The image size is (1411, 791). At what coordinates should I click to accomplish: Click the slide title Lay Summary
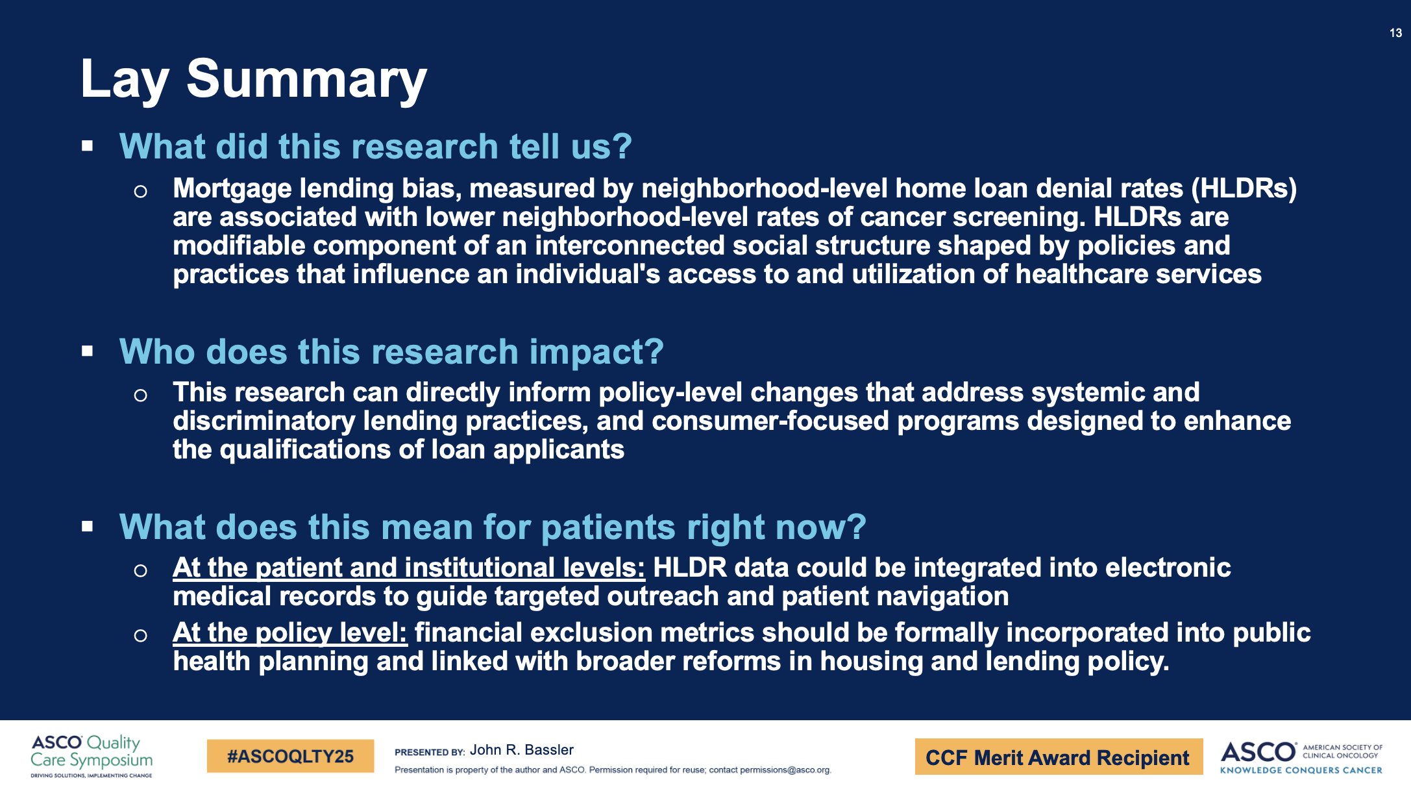253,80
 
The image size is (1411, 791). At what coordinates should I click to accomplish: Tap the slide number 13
1395,33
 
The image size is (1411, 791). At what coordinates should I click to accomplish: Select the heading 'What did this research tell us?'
375,146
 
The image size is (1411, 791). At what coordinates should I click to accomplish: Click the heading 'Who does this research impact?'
391,352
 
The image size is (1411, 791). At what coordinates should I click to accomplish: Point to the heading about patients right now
493,527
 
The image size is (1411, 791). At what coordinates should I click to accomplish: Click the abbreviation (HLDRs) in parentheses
1244,189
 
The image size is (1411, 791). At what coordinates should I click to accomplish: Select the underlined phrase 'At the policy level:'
289,633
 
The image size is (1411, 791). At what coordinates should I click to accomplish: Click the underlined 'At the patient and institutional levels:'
409,568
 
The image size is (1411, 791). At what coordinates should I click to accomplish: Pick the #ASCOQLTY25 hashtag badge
290,756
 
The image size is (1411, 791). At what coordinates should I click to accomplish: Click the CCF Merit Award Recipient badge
1058,757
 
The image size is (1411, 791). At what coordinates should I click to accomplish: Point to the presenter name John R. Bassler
522,750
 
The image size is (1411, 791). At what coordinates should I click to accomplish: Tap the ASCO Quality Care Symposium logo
92,756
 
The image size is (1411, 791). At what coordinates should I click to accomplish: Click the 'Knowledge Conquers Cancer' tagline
1301,770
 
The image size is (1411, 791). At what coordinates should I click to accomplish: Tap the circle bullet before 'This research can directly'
140,395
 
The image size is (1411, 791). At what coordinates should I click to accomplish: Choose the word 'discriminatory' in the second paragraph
264,421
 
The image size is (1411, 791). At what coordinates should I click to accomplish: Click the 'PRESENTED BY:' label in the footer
430,752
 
